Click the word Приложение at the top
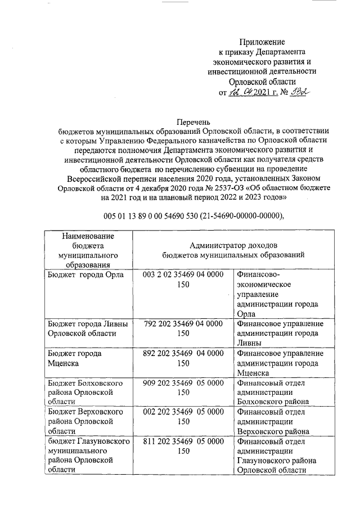point(262,41)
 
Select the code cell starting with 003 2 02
point(183,279)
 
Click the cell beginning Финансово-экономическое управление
point(277,294)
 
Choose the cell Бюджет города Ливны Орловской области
point(88,328)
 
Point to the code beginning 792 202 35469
point(183,328)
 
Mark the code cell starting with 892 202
point(183,358)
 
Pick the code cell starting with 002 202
point(183,421)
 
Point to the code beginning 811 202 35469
point(183,447)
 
